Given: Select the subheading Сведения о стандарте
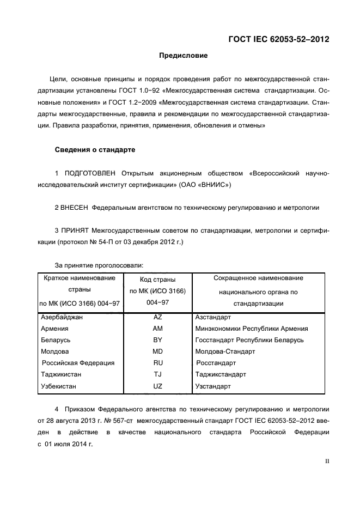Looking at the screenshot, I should click(95, 149).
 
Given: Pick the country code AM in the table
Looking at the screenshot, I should click(158, 328).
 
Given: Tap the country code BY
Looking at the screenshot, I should click(158, 340).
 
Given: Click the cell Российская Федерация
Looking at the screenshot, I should click(78, 363).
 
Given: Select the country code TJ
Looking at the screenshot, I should click(158, 374).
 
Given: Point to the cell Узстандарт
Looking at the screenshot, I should click(213, 386).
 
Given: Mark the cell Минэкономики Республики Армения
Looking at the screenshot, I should click(252, 328).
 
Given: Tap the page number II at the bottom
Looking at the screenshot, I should click(327, 460).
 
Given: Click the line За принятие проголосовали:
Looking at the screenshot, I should click(100, 265).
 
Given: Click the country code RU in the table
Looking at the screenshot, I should click(158, 363).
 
